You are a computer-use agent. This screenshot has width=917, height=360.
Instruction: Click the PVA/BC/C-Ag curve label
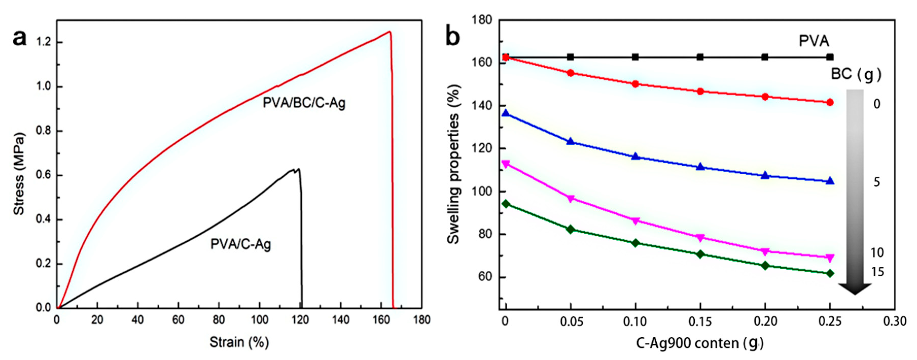point(304,103)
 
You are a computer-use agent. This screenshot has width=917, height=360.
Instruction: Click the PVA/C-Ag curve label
point(241,244)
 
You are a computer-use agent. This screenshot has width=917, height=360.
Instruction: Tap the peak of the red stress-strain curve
point(390,32)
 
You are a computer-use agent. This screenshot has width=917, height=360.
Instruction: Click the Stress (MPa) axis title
point(19,174)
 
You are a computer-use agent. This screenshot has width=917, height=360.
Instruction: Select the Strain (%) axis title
point(239,342)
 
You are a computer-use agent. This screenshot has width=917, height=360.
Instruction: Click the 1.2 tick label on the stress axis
point(44,42)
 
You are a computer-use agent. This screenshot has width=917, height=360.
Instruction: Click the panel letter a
point(20,38)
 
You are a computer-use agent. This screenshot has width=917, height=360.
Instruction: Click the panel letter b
point(453,37)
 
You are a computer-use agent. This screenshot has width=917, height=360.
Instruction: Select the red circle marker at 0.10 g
point(635,84)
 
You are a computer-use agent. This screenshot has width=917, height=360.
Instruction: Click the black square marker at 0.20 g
point(765,57)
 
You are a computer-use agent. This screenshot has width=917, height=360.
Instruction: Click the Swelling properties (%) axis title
point(453,164)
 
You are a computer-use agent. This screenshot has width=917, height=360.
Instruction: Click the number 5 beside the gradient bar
point(877,182)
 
